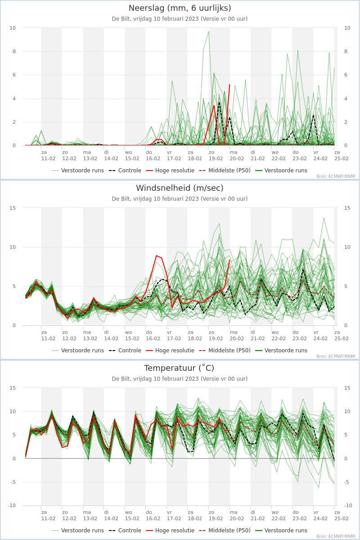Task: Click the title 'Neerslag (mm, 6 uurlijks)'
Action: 180,8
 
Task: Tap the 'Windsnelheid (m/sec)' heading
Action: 180,188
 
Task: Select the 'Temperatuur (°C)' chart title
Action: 179,368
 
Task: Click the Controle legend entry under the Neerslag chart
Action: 125,171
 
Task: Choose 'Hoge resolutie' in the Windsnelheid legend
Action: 170,350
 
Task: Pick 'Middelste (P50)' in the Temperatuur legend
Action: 225,531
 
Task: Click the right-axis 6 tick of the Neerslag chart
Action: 346,75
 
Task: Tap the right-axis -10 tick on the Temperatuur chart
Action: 347,505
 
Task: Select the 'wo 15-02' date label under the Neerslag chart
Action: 132,156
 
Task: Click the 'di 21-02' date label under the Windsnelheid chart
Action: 257,335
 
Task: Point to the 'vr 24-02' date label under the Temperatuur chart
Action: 320,515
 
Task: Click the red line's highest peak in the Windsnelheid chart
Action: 157,256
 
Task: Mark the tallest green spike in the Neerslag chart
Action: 209,31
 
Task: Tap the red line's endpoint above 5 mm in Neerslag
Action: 229,85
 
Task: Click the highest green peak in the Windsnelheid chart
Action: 324,218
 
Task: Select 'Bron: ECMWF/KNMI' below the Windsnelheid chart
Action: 336,356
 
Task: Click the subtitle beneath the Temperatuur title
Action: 180,379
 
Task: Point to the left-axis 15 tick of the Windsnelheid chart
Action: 13,208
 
